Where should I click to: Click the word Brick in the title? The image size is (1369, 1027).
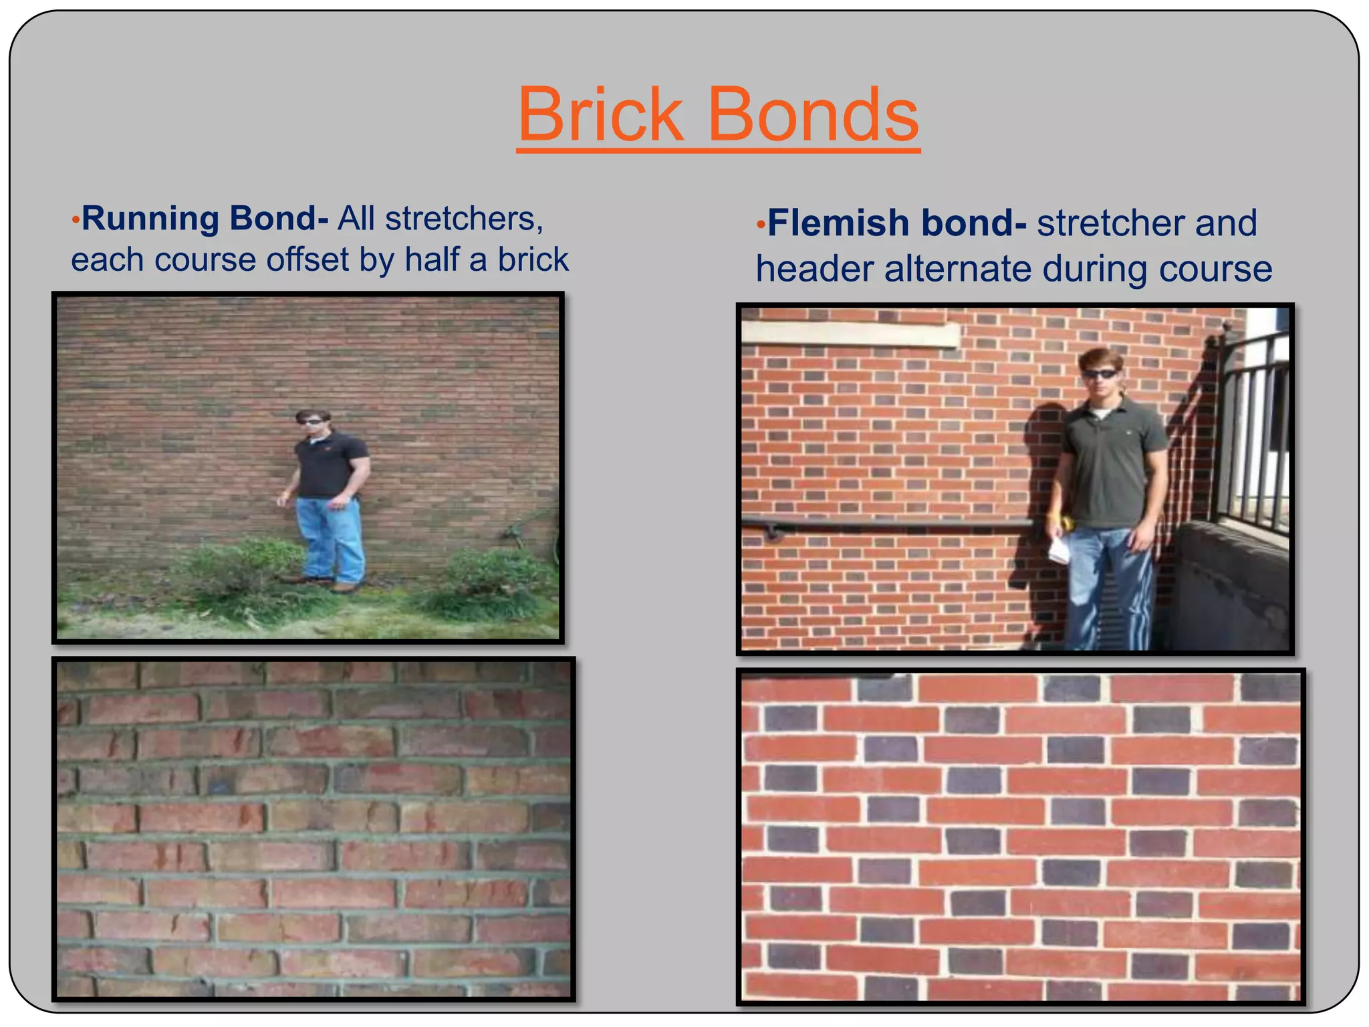pos(600,115)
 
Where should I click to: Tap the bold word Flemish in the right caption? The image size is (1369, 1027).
pos(839,223)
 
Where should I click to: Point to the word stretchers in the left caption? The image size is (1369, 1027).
pos(464,219)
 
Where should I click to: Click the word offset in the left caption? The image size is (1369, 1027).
pos(307,259)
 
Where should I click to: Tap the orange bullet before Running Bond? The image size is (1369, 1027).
pos(76,220)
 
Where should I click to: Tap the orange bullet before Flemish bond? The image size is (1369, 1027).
pos(760,225)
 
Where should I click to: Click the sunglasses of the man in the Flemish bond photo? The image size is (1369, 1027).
pos(1100,374)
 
